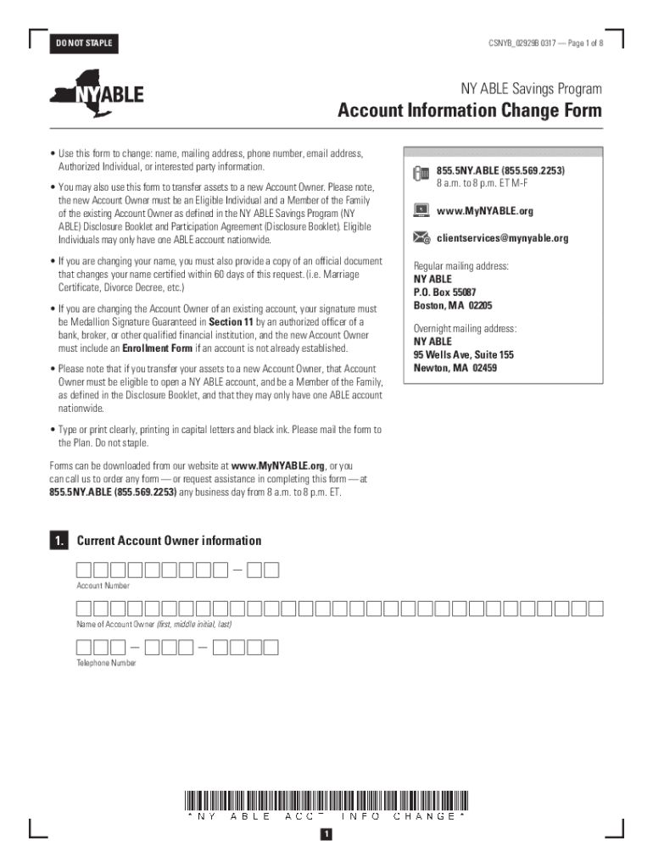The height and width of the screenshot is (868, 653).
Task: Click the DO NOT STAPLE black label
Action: tap(83, 43)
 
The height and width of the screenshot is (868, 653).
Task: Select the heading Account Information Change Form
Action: tap(470, 111)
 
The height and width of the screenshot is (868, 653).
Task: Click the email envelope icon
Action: tap(421, 238)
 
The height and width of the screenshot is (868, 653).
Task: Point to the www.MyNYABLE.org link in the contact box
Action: tap(485, 211)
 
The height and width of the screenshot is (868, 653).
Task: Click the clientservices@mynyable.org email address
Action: tap(502, 238)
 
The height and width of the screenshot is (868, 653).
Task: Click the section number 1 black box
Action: tap(58, 541)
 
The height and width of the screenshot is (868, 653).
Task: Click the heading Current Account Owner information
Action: tap(169, 541)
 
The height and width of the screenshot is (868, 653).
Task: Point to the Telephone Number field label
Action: tap(106, 664)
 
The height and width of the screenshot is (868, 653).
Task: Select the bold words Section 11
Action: tap(231, 323)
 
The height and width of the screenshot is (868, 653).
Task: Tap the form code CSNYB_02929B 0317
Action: tap(522, 43)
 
